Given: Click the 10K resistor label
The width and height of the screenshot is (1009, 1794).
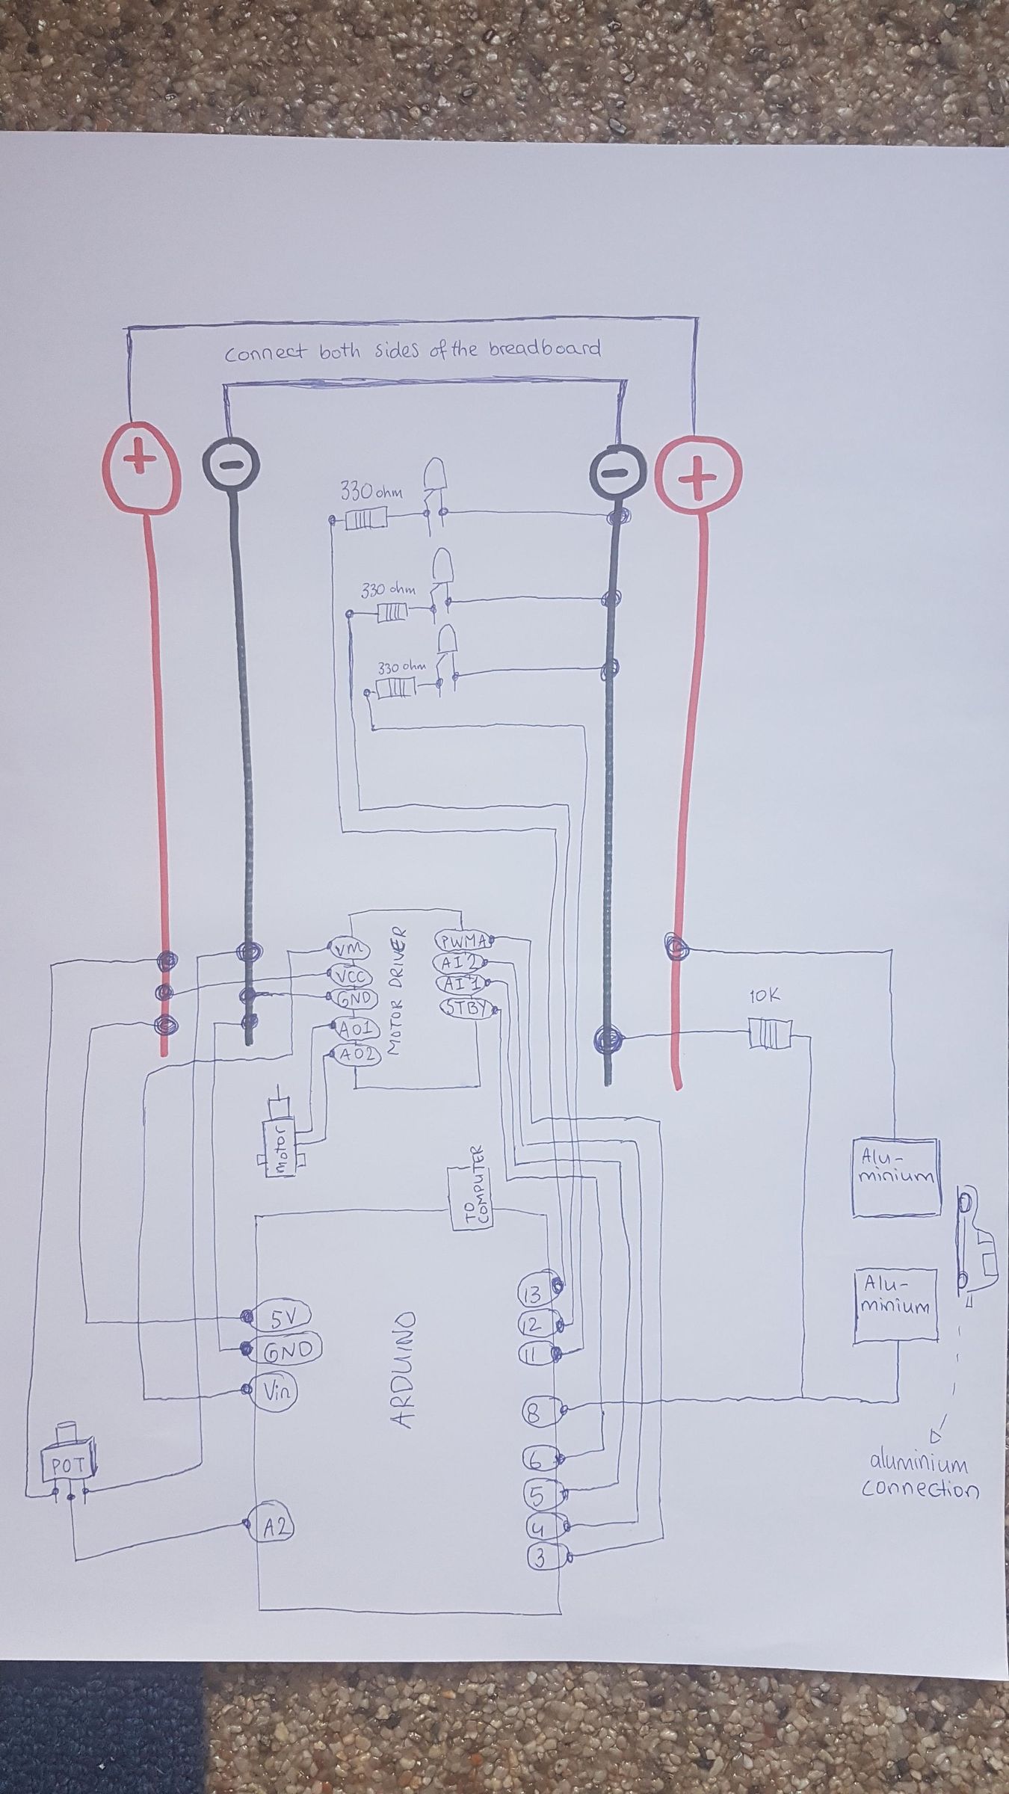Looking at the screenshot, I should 764,997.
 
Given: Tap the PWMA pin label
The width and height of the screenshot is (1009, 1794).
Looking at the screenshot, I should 463,941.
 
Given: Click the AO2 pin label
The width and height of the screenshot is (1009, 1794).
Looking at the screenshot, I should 358,1055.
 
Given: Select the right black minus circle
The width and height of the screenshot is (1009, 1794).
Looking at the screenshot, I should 616,471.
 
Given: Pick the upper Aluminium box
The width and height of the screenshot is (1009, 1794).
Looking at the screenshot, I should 895,1177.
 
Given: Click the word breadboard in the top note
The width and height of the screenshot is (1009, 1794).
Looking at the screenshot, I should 544,349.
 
